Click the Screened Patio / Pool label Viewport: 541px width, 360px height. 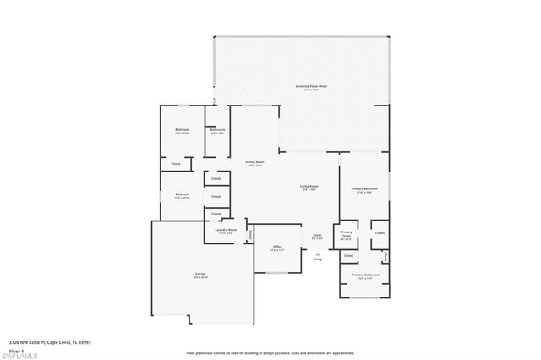pos(306,87)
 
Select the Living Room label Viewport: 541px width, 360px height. pos(309,186)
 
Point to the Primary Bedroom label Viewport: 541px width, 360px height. pos(365,190)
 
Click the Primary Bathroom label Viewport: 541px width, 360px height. pos(365,275)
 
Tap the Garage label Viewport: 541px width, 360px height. pos(200,274)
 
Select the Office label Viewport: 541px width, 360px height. pos(276,248)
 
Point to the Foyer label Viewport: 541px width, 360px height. pos(317,237)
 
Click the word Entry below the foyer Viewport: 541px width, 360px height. pos(318,259)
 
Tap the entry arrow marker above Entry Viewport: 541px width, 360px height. pos(318,253)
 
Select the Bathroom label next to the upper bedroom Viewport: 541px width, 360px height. pos(217,130)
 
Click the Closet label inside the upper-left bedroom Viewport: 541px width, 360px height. pos(176,163)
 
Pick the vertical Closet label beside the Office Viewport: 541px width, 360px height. pos(250,234)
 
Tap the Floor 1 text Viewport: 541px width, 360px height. pos(17,350)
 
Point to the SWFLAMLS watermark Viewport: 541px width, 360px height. pos(20,355)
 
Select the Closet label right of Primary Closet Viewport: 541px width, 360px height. pos(380,232)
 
